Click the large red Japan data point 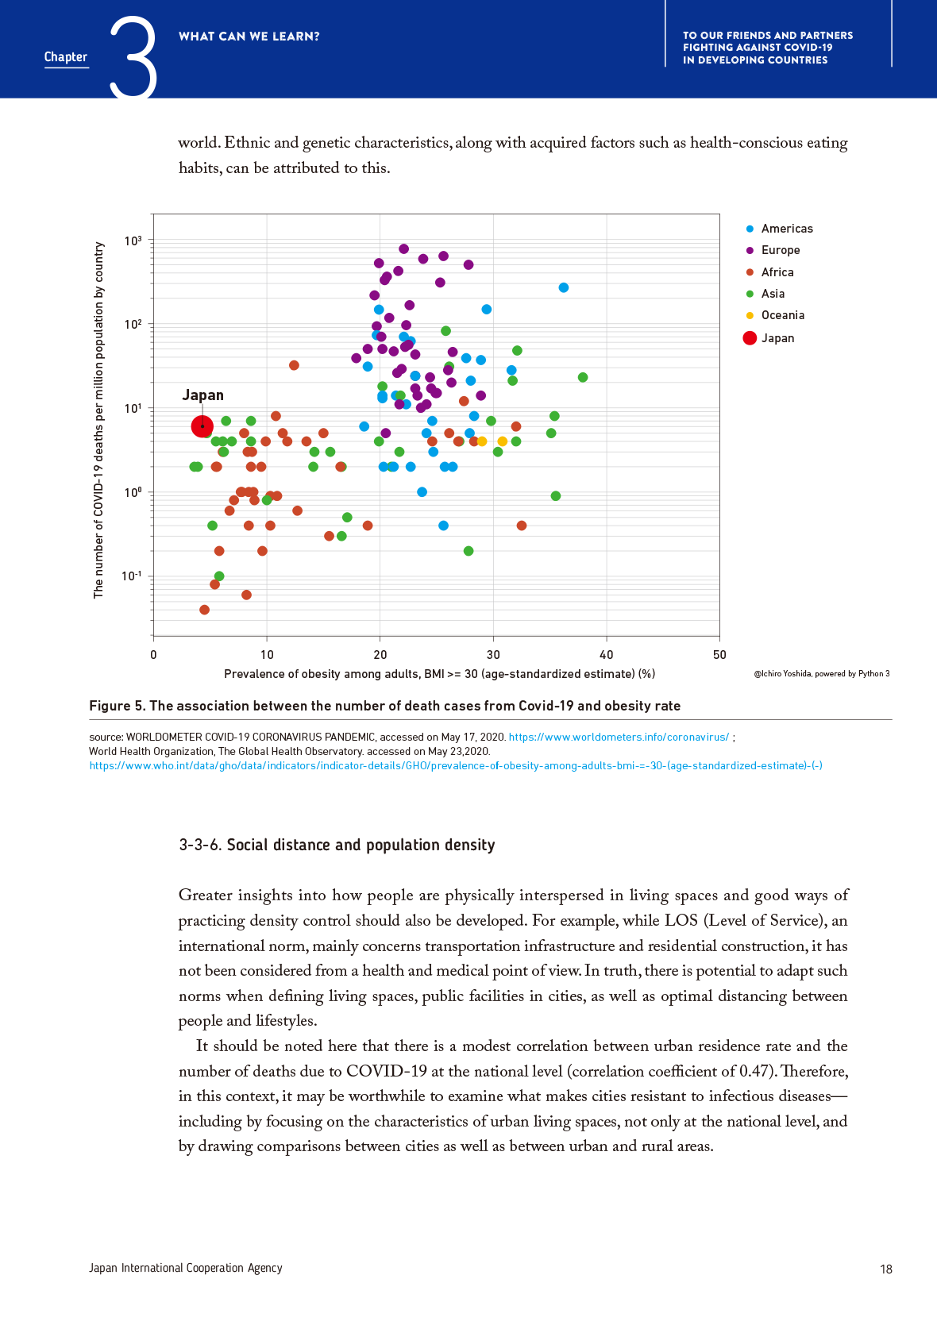coord(202,426)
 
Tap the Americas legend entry coord(786,229)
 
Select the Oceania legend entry coord(782,315)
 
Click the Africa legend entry coord(777,272)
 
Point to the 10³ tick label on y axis coord(133,241)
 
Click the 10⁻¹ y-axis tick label coord(132,576)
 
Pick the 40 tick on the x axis coord(607,655)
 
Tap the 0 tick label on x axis coord(153,655)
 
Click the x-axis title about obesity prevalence coord(439,674)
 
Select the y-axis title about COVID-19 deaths coord(98,420)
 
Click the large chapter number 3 coord(133,57)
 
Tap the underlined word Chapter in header coord(66,57)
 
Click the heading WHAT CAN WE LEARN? coord(249,37)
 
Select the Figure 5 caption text coord(384,706)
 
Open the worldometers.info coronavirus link coord(619,737)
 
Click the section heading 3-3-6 coord(337,845)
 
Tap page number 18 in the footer coord(886,1269)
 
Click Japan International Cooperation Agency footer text coord(186,1268)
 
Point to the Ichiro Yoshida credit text coord(822,674)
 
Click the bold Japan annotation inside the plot coord(203,395)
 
